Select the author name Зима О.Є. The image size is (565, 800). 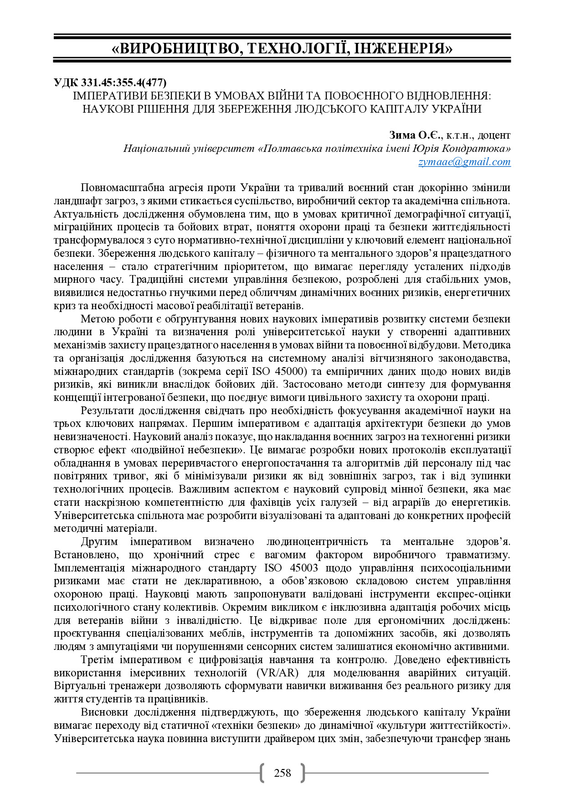415,135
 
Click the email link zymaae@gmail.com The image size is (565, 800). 464,162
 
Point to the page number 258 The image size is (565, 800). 282,773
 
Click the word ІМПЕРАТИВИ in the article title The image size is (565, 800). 104,96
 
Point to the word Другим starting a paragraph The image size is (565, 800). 99,542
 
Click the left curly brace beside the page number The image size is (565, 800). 262,773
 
